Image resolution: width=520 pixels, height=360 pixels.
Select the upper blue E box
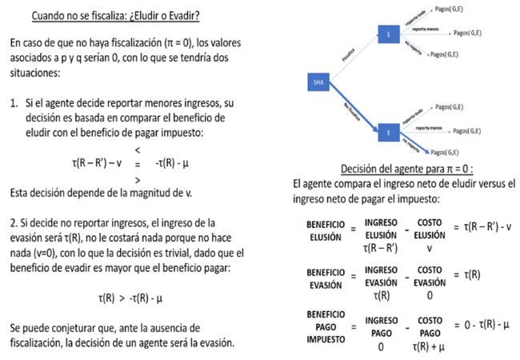pos(388,34)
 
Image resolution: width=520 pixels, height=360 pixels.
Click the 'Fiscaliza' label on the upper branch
pos(348,56)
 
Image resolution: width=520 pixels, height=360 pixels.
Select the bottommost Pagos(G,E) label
pos(444,152)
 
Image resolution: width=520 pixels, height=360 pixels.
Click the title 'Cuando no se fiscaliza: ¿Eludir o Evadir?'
pos(115,15)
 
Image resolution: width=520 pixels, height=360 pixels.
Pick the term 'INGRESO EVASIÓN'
pos(381,278)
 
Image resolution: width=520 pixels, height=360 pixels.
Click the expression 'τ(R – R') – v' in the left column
pos(102,164)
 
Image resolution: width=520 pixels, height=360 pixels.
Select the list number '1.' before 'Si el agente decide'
pos(14,103)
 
